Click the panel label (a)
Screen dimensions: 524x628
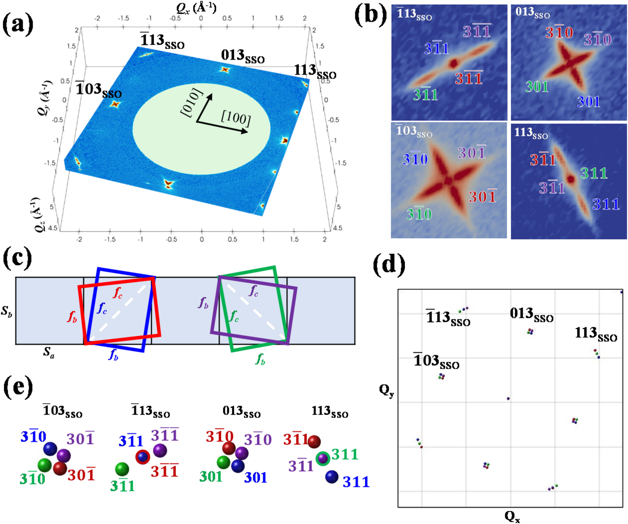(18, 24)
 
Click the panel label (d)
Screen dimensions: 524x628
(389, 265)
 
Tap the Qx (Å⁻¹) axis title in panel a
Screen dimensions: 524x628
(196, 8)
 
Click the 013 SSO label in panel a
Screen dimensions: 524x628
(242, 56)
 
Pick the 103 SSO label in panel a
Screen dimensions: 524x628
(98, 90)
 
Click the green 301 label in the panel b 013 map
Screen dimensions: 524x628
(537, 87)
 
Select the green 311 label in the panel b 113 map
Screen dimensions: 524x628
(594, 173)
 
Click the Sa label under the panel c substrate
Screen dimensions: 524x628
(49, 352)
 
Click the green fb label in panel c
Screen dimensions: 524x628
(260, 359)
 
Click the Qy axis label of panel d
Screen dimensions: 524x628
(387, 391)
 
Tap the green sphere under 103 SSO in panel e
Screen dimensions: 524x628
(45, 465)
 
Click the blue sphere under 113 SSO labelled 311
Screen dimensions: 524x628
(332, 477)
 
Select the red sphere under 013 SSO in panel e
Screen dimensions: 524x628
(229, 448)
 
